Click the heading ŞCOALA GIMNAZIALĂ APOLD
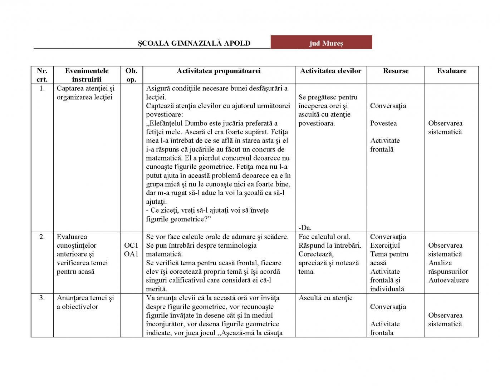194,44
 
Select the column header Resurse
396,71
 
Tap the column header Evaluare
451,71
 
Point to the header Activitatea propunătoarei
219,71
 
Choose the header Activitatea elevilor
330,71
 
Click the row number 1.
42,88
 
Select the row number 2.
42,237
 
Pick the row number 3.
42,298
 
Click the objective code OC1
131,246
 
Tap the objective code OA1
131,254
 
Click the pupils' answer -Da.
305,228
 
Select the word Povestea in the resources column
383,123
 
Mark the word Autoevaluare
448,280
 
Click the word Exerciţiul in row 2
385,246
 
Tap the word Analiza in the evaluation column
440,263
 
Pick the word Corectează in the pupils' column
316,254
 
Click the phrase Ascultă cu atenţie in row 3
325,298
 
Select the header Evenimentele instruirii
87,75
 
